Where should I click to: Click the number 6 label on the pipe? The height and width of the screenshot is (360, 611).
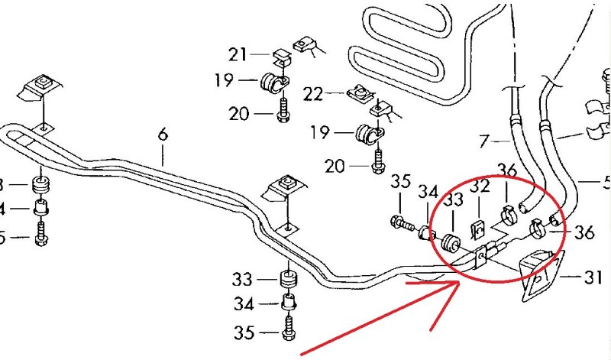coord(163,135)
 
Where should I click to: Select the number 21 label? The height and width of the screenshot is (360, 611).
coord(238,54)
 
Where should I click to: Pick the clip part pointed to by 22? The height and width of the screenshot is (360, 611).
coord(357,94)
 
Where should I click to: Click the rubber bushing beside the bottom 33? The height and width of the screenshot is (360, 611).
coord(289,280)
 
